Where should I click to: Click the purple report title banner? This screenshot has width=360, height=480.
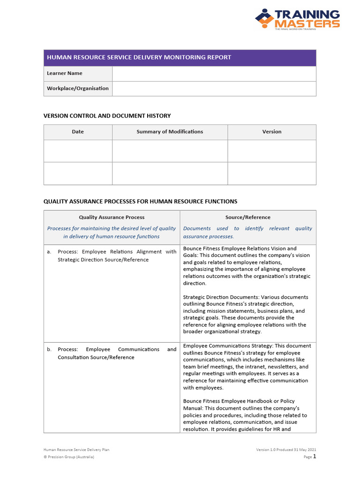180,58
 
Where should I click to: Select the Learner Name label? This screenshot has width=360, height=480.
65,74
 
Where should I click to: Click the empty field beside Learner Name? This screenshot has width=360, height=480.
214,74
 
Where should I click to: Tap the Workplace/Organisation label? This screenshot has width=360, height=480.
78,89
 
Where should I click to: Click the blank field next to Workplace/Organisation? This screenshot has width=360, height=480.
214,89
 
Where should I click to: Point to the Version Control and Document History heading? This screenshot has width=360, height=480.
107,116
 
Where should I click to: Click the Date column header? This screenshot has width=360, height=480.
78,132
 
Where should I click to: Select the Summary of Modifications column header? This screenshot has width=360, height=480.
170,132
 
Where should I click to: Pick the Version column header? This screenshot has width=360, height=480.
272,132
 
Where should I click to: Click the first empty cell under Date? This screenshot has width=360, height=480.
78,151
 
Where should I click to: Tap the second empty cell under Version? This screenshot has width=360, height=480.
272,173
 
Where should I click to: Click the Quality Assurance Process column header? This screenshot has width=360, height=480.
112,217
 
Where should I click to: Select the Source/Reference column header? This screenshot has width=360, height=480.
247,217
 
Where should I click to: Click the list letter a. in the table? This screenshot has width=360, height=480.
49,252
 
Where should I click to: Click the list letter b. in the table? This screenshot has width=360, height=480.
49,350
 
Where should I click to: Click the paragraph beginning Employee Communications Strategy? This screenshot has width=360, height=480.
247,367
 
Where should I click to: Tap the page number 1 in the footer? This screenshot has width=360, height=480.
315,456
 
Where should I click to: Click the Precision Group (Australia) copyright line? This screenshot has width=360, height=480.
69,457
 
